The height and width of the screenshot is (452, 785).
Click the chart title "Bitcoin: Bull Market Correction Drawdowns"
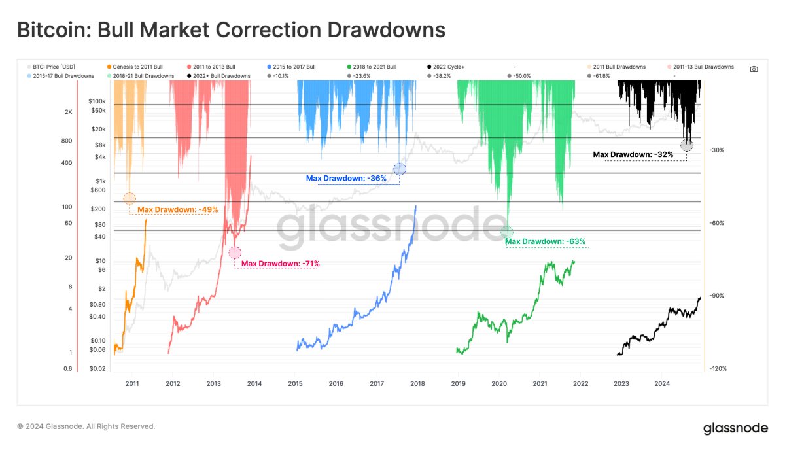click(231, 30)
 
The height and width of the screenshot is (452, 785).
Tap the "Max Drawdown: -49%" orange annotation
click(177, 209)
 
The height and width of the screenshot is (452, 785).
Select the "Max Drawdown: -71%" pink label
click(280, 264)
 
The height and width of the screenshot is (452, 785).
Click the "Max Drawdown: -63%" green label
click(546, 241)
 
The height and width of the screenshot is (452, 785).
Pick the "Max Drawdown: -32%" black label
click(633, 154)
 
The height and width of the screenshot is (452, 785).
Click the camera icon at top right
click(754, 69)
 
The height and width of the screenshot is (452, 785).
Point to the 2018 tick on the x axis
click(417, 383)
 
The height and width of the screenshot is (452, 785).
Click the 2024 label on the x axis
click(662, 383)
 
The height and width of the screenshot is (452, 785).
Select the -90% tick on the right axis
click(718, 296)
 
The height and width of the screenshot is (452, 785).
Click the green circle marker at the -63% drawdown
click(507, 232)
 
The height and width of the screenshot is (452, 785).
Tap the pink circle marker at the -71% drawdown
click(235, 252)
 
